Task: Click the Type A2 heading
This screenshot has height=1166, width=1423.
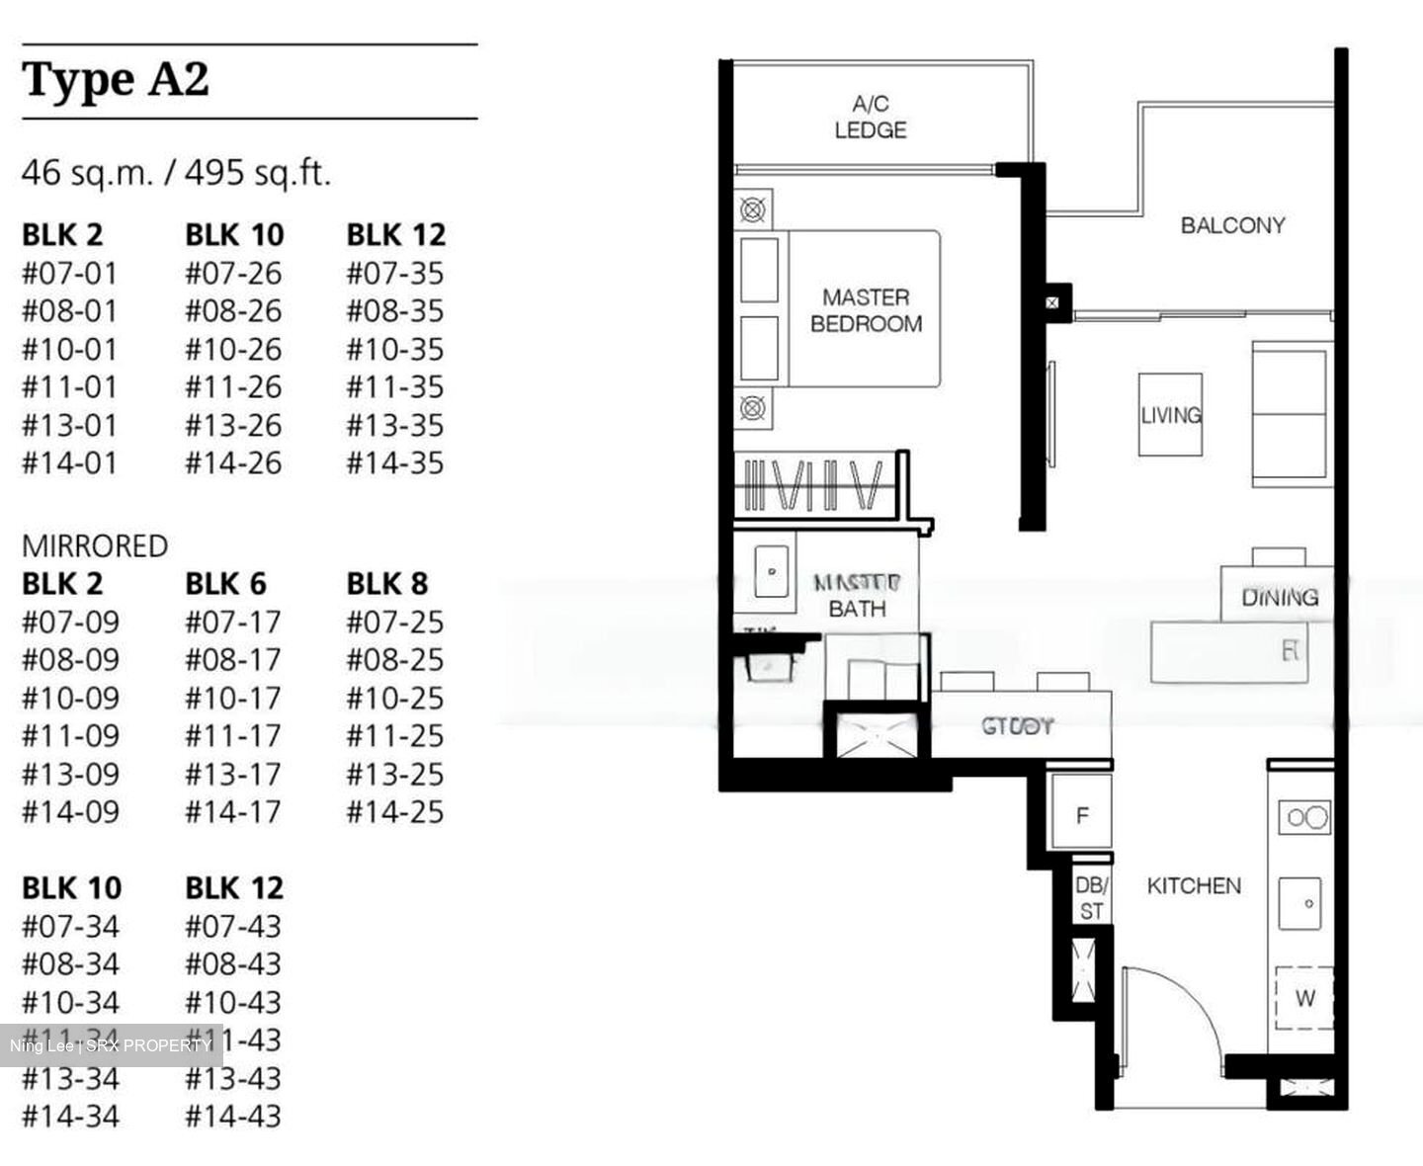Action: coord(116,80)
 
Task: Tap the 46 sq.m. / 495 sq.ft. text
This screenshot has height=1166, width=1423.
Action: coord(176,173)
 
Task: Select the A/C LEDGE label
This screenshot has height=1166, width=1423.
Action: coord(870,117)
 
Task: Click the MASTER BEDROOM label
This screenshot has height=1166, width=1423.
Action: coord(866,310)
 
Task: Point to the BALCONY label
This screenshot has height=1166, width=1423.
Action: coord(1232,225)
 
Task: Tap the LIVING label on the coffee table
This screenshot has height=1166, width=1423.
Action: coord(1170,415)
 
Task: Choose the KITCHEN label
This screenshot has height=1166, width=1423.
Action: coord(1193,885)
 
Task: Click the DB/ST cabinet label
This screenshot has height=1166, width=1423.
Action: coord(1091,897)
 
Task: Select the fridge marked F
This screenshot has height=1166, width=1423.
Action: coord(1082,815)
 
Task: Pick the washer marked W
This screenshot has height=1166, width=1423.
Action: coord(1304,998)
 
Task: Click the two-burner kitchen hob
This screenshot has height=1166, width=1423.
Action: coord(1305,817)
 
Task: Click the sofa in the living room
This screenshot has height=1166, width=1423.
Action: coord(1293,415)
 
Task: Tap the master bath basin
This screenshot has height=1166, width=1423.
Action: coord(772,571)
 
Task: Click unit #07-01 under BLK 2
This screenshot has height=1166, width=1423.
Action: coord(69,273)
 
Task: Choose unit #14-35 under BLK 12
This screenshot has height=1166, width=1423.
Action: coord(394,462)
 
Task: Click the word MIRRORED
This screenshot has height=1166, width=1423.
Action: coord(95,545)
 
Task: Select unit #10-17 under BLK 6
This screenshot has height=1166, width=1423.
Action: coord(232,698)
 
